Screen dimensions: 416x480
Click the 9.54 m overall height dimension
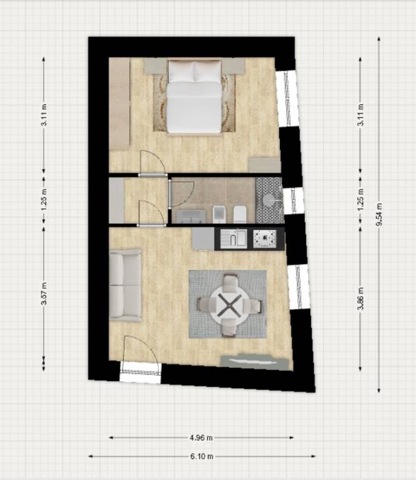pos(379,214)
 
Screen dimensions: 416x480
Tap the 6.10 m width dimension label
pos(202,456)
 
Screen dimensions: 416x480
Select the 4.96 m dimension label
pos(201,437)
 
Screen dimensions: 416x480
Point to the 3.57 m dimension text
pos(44,293)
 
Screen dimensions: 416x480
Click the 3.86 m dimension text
pos(361,299)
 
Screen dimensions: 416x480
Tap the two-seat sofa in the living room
pos(125,285)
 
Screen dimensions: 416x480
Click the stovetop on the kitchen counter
pos(265,239)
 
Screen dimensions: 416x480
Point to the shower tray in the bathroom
pos(269,201)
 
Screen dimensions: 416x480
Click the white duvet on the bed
pos(194,107)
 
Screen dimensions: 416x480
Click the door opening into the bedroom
pos(152,162)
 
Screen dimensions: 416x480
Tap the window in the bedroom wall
pos(287,99)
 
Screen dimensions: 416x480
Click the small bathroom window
pos(294,201)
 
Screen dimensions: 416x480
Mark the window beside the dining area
pos(299,287)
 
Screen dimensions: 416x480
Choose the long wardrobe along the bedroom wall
pos(119,104)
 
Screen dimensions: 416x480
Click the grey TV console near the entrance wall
pos(254,362)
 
